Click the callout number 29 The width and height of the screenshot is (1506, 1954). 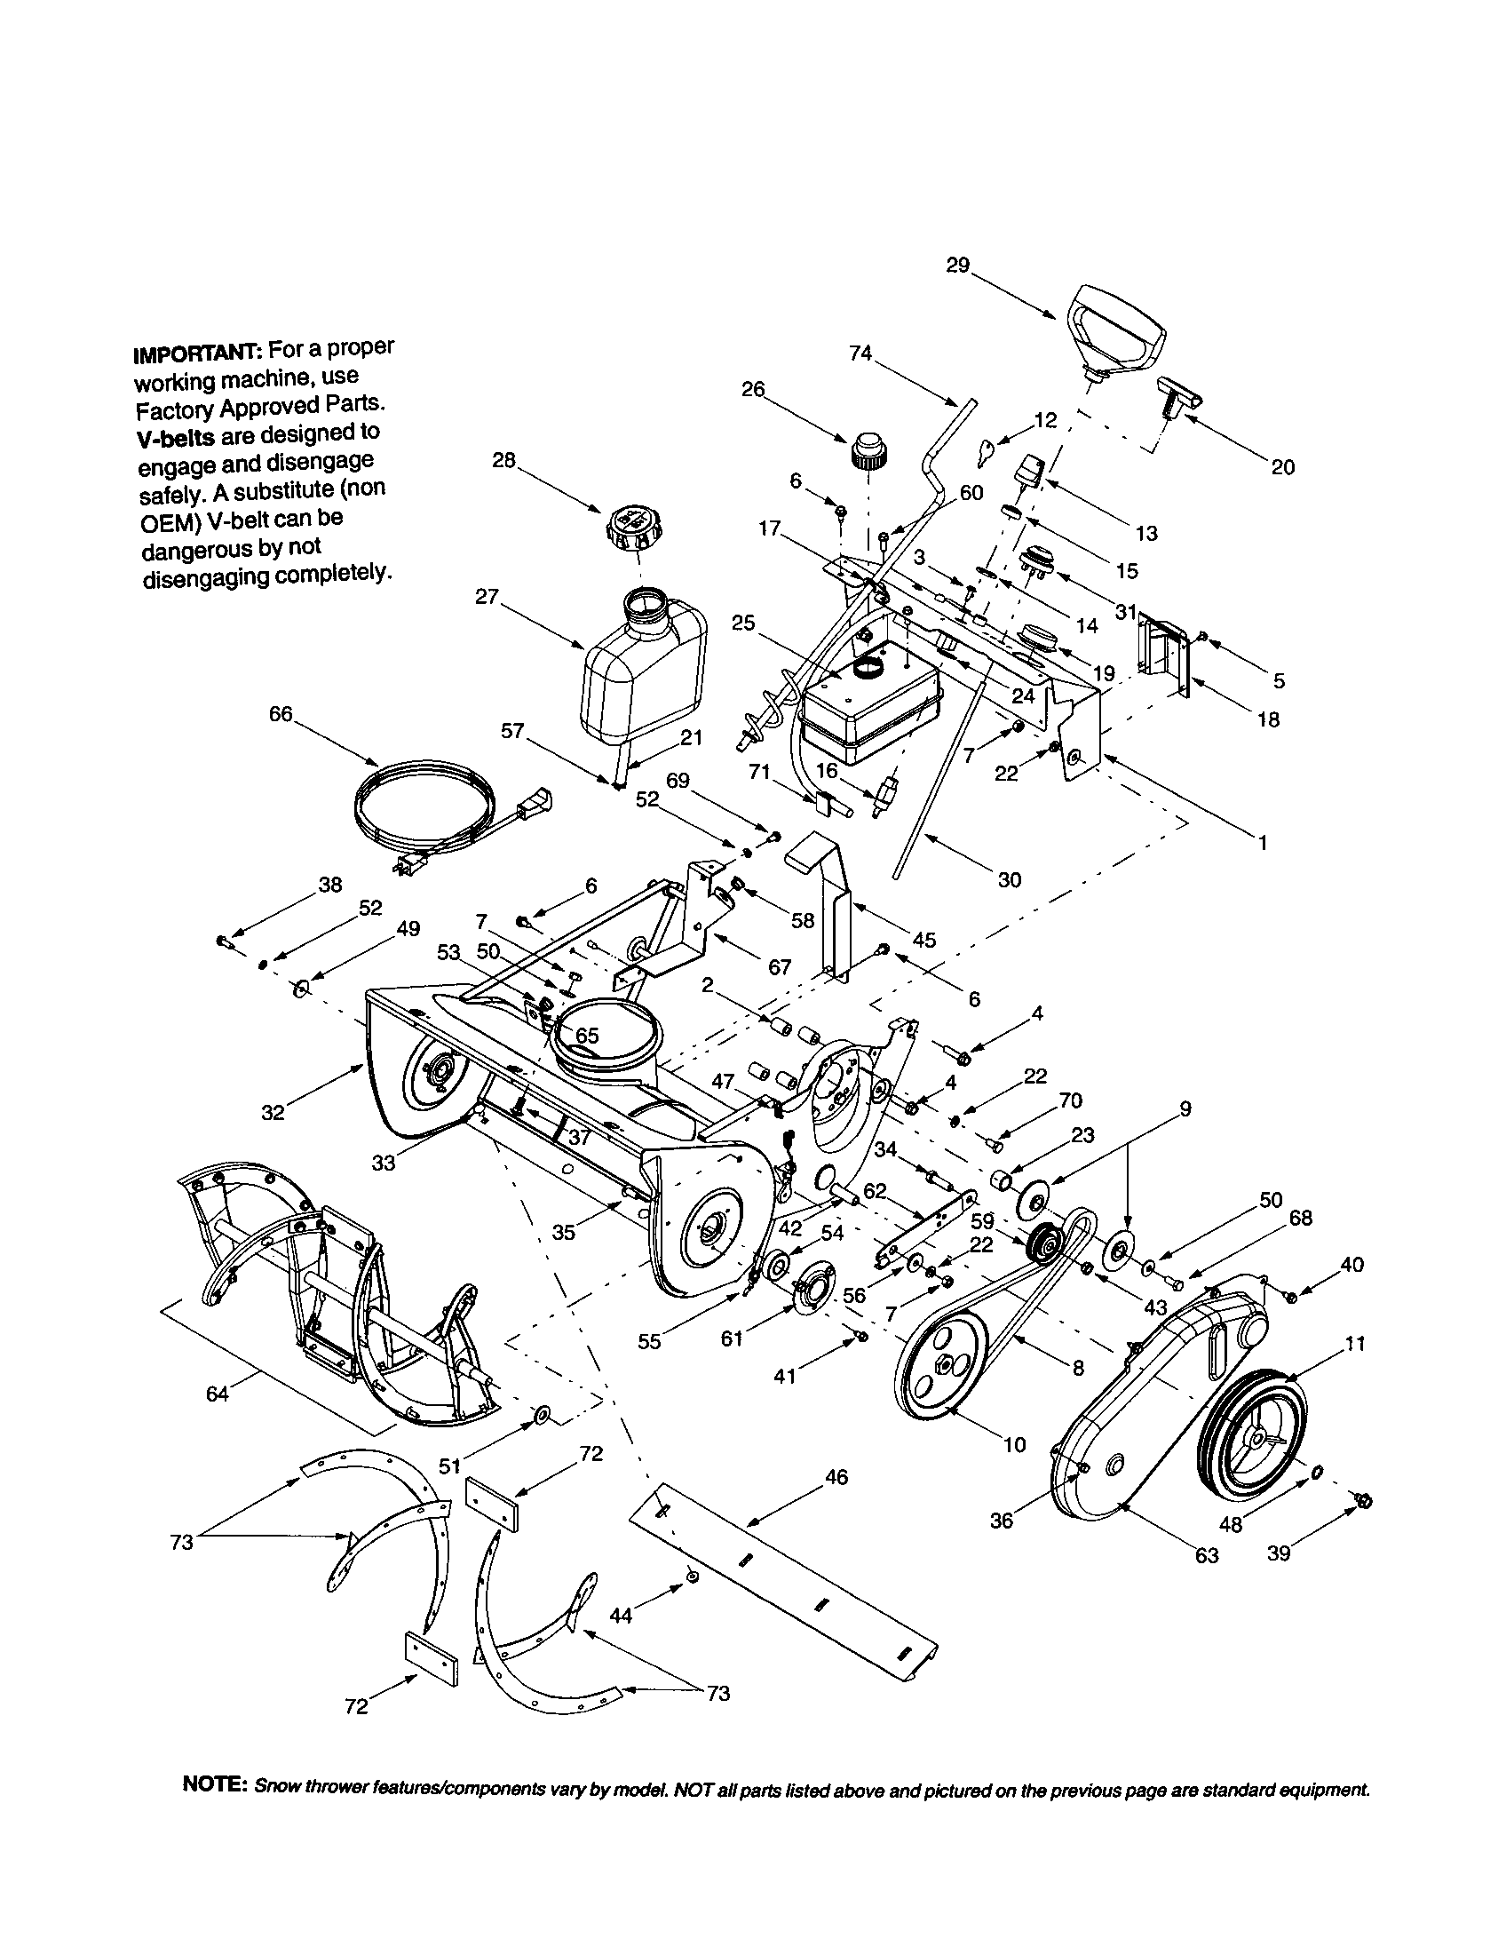point(957,266)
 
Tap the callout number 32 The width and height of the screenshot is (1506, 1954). point(273,1112)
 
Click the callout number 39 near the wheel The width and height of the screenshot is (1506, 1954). point(1279,1554)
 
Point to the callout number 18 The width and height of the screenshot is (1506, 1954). point(1268,719)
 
